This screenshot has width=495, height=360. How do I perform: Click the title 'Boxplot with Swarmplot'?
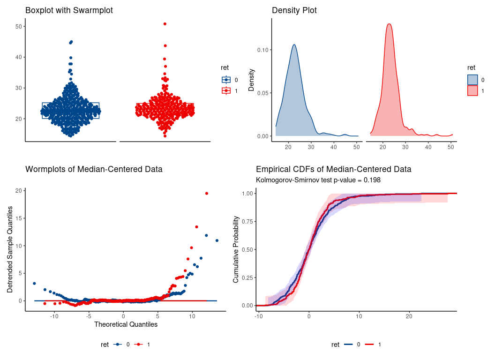tap(69, 10)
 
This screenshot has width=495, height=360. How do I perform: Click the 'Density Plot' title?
tap(294, 10)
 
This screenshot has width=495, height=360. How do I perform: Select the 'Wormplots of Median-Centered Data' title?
tap(94, 169)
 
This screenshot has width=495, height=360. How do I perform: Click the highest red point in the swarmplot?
tap(165, 24)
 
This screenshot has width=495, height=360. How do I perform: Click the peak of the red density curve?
tap(389, 24)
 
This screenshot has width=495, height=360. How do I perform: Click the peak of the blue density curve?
tap(294, 45)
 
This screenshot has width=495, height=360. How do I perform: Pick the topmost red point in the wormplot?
tap(206, 193)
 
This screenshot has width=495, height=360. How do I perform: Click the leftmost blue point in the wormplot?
tap(34, 284)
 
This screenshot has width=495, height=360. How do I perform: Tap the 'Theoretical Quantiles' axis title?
tap(126, 324)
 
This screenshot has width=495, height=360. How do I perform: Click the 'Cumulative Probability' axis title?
tap(236, 249)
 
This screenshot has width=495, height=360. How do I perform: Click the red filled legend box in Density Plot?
tap(472, 90)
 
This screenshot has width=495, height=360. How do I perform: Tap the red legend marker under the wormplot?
tap(139, 345)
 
